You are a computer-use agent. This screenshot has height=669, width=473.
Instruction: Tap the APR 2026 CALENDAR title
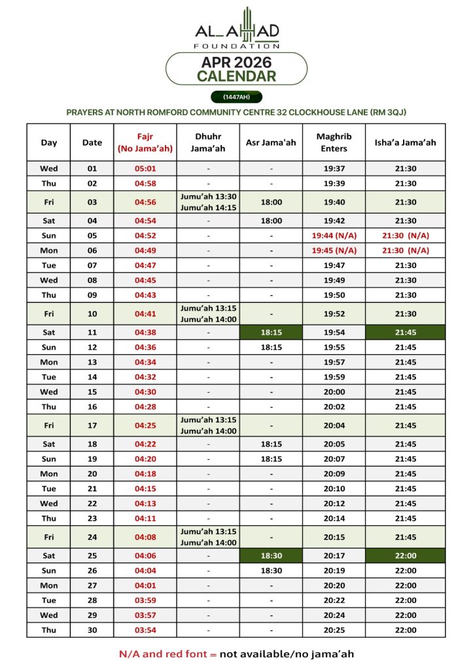pos(237,69)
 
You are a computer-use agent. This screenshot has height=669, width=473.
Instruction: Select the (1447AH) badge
pos(236,97)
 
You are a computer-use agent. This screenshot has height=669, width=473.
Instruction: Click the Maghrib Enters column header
pos(334,142)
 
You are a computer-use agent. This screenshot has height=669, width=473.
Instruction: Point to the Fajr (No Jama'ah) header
pos(145,142)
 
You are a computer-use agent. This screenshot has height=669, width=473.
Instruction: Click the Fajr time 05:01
pos(145,169)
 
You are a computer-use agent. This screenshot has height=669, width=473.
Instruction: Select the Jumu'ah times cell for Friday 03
pos(209,202)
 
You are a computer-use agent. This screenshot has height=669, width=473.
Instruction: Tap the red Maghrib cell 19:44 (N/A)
pos(334,236)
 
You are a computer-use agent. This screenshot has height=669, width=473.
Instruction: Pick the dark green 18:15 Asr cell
pos(271,333)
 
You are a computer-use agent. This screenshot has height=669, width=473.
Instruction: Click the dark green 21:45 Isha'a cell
pos(405,333)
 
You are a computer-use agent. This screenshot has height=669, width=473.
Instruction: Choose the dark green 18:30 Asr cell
pos(271,556)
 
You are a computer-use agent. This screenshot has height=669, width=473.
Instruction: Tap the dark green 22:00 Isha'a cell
pos(405,556)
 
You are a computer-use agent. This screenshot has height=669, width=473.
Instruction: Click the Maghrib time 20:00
pos(334,392)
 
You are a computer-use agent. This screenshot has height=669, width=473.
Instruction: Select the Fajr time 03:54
pos(145,630)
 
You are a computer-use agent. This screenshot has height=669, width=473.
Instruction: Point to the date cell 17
pos(92,425)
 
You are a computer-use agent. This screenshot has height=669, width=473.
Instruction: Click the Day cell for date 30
pos(49,630)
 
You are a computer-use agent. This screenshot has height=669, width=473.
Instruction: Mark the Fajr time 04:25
pos(145,425)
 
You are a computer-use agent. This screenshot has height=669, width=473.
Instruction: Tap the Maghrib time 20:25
pos(334,630)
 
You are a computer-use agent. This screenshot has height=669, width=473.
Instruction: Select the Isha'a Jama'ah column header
pos(405,142)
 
